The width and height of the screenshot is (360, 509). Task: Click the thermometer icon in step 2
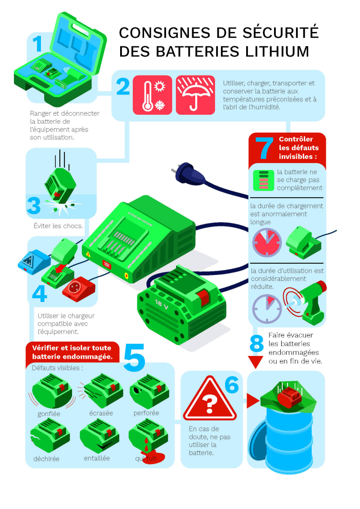(x=146, y=95)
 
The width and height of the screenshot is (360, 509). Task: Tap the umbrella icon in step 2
(x=195, y=95)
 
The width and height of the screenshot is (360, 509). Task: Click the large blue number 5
(x=134, y=358)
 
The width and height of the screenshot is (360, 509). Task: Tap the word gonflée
(x=49, y=414)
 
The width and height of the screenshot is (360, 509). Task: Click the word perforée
(x=146, y=413)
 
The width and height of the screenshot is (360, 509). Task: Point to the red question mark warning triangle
(x=209, y=399)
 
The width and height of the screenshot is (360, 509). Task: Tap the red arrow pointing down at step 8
(x=256, y=361)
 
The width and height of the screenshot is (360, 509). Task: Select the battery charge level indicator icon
(x=263, y=180)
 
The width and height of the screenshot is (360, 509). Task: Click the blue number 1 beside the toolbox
(x=37, y=44)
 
